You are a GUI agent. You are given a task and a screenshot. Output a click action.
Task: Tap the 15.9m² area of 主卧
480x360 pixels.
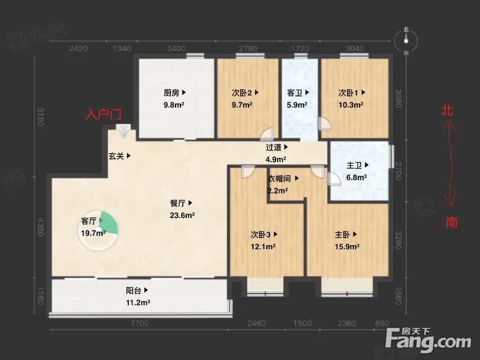click(348, 247)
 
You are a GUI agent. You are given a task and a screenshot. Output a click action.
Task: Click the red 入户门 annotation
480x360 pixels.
click(103, 115)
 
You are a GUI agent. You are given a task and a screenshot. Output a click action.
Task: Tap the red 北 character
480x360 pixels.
click(447, 111)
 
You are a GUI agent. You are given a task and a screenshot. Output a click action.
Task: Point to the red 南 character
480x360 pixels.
click(451, 222)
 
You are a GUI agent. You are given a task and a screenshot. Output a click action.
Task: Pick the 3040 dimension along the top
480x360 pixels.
click(354, 48)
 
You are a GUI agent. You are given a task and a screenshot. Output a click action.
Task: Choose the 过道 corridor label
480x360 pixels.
click(276, 147)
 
